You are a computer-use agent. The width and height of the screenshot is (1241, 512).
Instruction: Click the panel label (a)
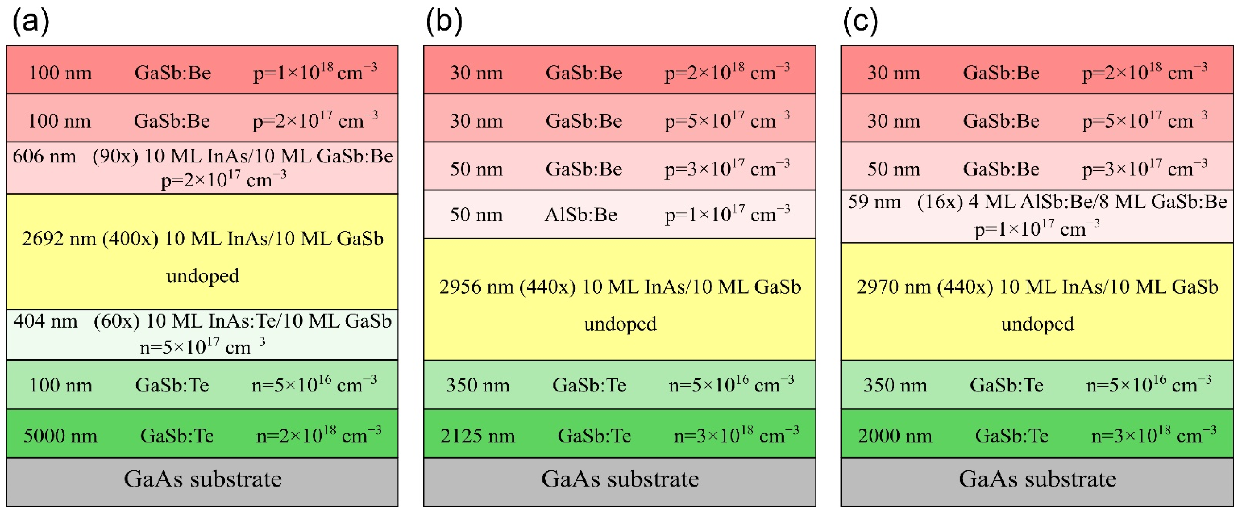click(30, 22)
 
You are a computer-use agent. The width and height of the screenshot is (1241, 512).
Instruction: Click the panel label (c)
click(861, 22)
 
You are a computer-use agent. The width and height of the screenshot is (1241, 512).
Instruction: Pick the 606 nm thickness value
click(44, 156)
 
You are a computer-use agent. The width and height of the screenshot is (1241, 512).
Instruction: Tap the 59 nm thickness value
click(874, 201)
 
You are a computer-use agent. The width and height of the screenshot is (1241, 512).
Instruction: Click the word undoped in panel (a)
click(202, 276)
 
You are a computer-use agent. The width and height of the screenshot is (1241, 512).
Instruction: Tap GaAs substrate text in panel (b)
click(620, 479)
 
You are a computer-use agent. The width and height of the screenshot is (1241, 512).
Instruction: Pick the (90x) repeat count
click(115, 156)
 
